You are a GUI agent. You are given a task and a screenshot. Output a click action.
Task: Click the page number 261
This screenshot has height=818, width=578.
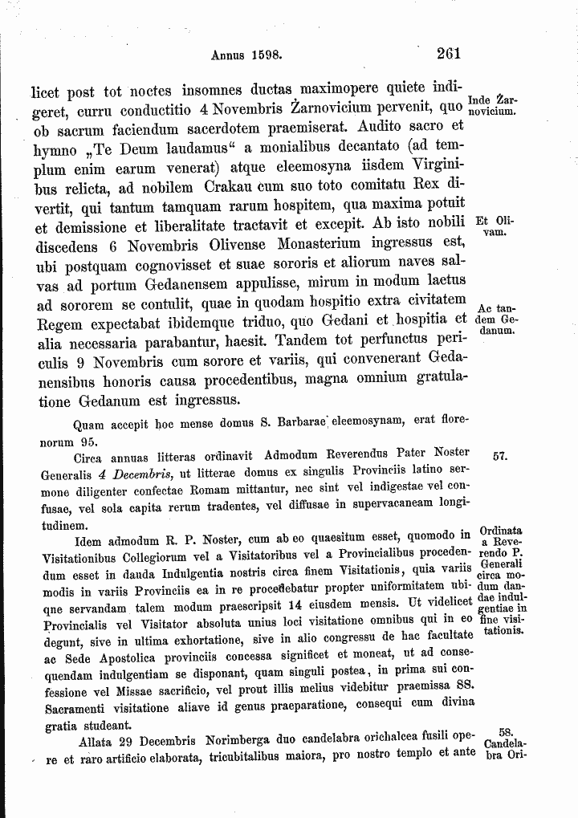click(447, 55)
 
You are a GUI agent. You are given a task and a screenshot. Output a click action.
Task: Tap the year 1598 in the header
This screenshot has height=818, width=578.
click(264, 57)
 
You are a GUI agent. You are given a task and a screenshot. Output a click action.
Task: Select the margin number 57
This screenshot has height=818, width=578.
click(499, 456)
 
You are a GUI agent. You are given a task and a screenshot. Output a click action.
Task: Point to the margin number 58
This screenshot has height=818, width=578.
click(505, 731)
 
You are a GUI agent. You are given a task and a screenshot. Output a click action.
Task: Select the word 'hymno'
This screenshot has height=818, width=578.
click(53, 148)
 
